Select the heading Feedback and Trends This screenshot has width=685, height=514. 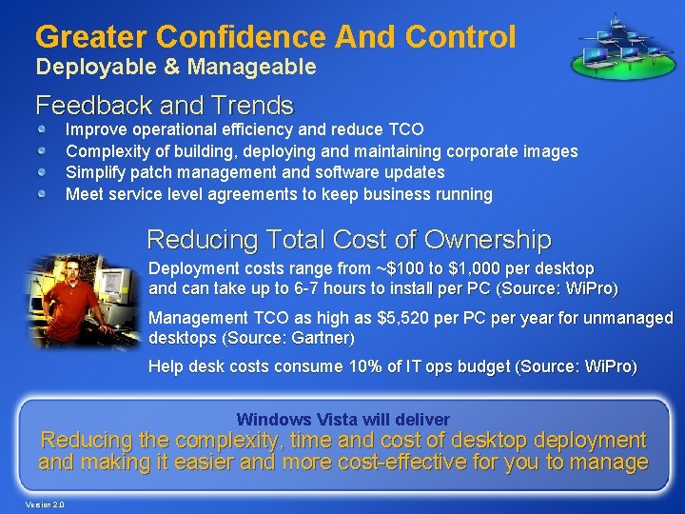[164, 104]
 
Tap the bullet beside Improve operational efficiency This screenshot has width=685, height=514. [44, 128]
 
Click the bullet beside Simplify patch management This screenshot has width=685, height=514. [44, 172]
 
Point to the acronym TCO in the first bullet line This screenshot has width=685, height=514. [406, 128]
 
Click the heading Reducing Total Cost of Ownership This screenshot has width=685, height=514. [348, 238]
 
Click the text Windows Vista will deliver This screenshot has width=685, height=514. [342, 419]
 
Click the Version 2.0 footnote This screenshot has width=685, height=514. [45, 504]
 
